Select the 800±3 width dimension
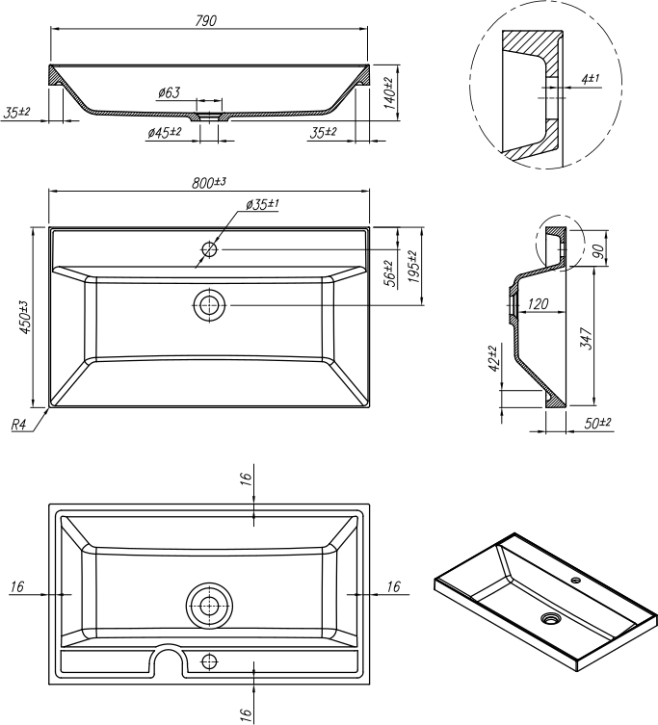(208, 182)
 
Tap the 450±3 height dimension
(25, 317)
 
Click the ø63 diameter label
(169, 92)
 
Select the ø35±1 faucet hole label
(262, 204)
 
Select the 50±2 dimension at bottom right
(598, 423)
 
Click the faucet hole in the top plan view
(209, 249)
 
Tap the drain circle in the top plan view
(209, 305)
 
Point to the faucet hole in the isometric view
(575, 581)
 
